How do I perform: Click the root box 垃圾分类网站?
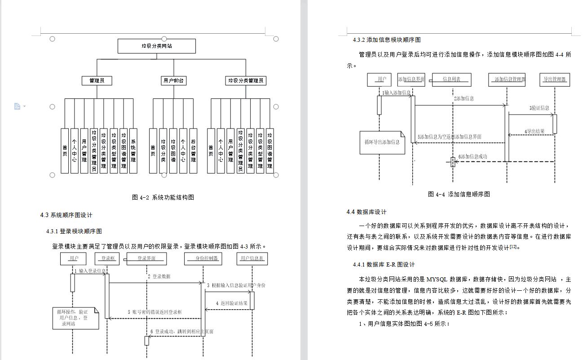[156, 46]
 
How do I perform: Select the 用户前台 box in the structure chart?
[173, 81]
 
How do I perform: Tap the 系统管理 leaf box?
[133, 151]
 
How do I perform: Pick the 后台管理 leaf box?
[193, 151]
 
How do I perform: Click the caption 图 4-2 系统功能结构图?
[163, 197]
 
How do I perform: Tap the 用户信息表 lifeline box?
[252, 258]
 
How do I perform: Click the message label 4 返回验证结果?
[232, 303]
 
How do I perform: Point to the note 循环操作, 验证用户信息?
[72, 317]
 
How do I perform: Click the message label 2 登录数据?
[159, 276]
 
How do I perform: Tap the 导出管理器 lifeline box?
[555, 80]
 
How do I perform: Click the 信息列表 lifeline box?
[451, 80]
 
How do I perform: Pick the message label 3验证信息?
[539, 108]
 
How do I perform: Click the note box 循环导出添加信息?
[382, 142]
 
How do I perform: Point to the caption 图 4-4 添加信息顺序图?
[459, 194]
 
